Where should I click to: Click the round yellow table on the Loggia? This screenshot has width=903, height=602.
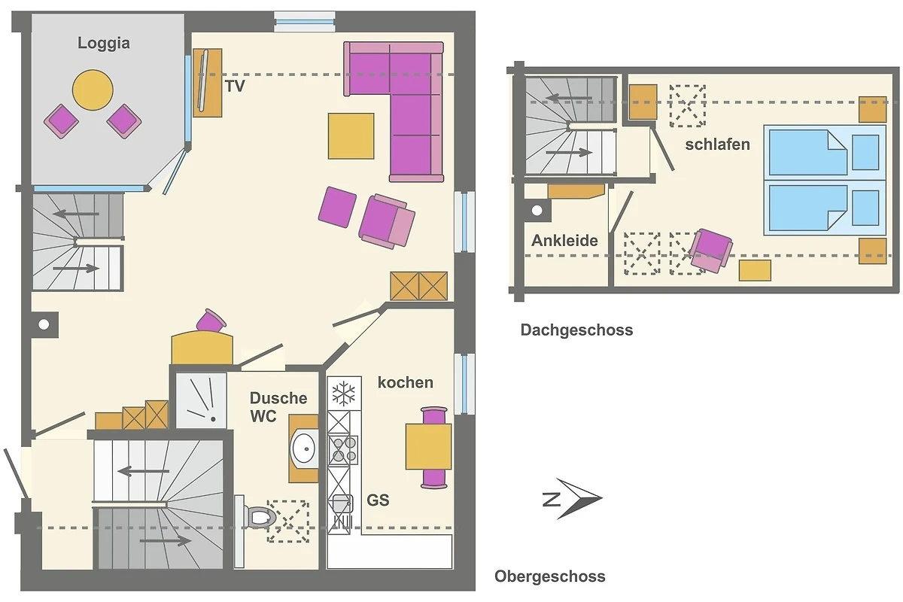click(x=93, y=90)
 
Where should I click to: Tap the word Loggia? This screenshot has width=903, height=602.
click(x=104, y=43)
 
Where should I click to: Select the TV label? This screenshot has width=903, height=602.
click(x=235, y=86)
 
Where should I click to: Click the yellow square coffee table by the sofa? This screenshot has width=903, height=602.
click(x=351, y=136)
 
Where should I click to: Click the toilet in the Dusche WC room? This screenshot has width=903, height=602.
click(x=260, y=516)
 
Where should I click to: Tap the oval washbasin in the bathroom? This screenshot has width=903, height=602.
click(x=304, y=448)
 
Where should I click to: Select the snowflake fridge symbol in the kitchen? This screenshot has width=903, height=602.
click(x=343, y=393)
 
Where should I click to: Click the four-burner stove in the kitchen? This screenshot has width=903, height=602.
click(x=343, y=450)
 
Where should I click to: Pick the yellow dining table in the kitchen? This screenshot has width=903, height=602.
click(x=428, y=446)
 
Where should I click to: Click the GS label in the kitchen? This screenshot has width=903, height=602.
click(x=378, y=500)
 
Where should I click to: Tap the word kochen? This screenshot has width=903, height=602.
click(x=405, y=382)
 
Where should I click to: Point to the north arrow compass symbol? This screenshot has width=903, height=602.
click(x=573, y=499)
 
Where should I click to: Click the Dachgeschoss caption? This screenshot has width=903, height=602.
click(x=576, y=330)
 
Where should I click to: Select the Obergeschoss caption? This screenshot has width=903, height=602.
click(x=550, y=576)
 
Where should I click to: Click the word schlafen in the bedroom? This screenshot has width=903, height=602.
click(x=718, y=144)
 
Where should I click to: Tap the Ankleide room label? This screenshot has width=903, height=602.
click(x=564, y=241)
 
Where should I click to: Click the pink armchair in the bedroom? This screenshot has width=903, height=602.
click(x=710, y=251)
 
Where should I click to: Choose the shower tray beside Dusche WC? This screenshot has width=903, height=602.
click(x=202, y=400)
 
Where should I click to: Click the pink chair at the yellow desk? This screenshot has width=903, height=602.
click(x=211, y=320)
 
